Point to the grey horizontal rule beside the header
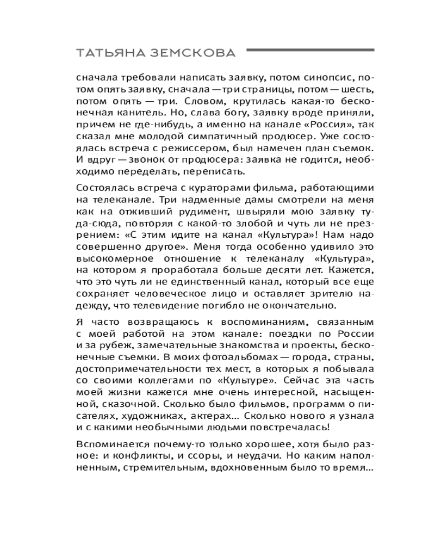310,51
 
